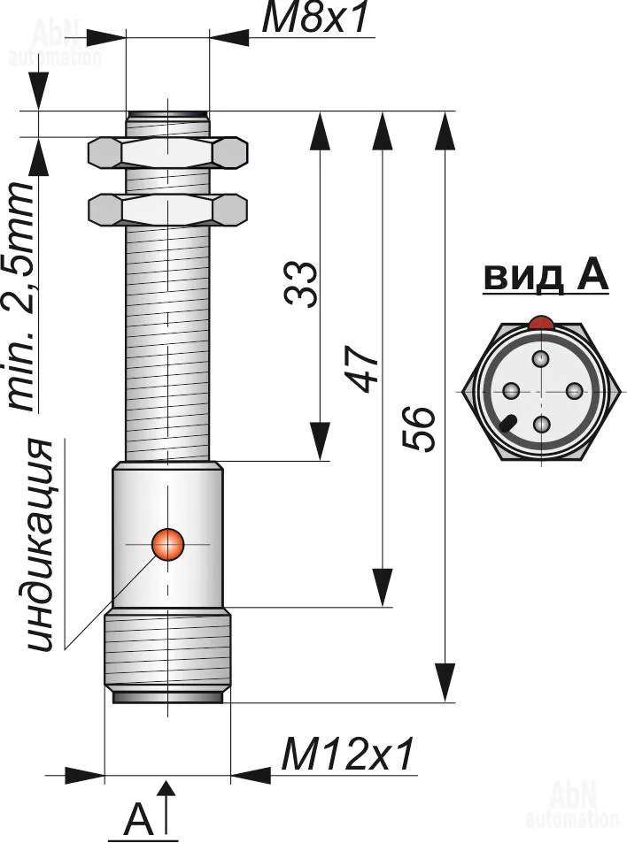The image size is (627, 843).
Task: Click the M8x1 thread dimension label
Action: pyautogui.click(x=315, y=19)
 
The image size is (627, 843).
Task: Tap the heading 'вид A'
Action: pyautogui.click(x=546, y=277)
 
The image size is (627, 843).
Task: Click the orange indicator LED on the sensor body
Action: pyautogui.click(x=167, y=543)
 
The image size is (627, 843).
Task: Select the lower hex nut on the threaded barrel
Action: pyautogui.click(x=167, y=209)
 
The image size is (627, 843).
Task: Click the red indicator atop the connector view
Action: pyautogui.click(x=541, y=324)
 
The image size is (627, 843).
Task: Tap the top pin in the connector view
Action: pyautogui.click(x=541, y=359)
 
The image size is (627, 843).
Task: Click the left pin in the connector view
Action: pyautogui.click(x=509, y=391)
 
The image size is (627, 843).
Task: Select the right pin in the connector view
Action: pyautogui.click(x=573, y=391)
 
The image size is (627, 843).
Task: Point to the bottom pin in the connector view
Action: pyautogui.click(x=541, y=424)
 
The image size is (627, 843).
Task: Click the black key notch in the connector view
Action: pyautogui.click(x=507, y=424)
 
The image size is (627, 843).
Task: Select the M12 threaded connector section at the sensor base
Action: pyautogui.click(x=167, y=654)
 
